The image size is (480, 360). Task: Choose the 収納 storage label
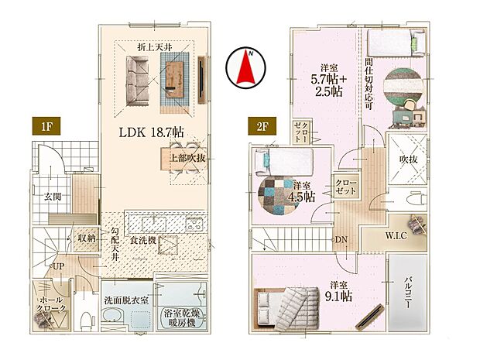tap(86, 238)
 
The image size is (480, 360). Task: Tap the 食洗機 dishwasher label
tap(145, 241)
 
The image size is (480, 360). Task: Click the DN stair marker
tap(341, 239)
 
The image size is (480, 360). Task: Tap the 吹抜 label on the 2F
tap(406, 159)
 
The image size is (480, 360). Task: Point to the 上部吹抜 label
tap(182, 158)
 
